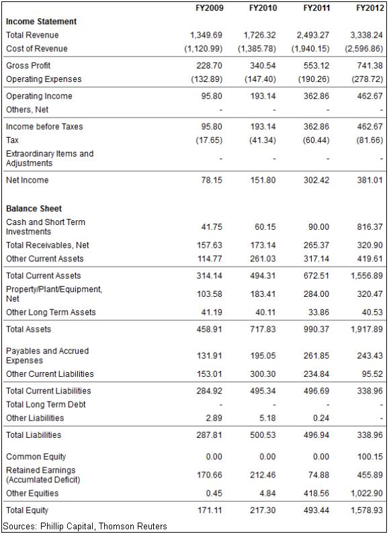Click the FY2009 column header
pos(209,8)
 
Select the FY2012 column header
pos(370,8)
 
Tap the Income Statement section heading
pos(41,21)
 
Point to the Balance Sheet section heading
pos(34,208)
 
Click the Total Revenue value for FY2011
pos(312,35)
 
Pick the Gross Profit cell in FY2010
pos(263,65)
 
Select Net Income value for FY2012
pos(370,180)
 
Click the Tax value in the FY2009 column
pos(209,140)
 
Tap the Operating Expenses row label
pos(44,79)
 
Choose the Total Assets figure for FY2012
pos(367,329)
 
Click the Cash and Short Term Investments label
pos(46,227)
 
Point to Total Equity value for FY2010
pos(263,510)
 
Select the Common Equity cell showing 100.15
pos(370,457)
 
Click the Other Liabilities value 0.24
pos(321,418)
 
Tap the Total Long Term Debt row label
pos(46,404)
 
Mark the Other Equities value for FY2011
pos(316,493)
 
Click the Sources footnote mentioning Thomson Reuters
pos(85,526)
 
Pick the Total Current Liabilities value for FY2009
pos(209,391)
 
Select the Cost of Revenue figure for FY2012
pos(363,49)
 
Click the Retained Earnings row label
pos(43,475)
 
